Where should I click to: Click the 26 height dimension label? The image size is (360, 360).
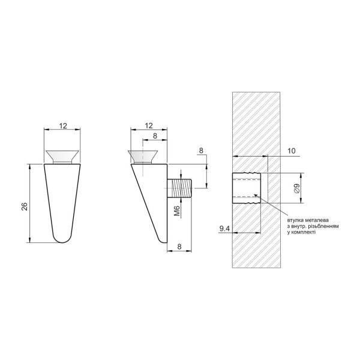tap(25, 206)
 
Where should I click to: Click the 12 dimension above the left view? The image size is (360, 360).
tap(63, 126)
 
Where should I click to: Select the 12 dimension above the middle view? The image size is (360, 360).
tap(149, 125)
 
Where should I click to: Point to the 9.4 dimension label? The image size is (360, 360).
tap(224, 229)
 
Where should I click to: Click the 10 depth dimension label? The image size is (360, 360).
tap(291, 151)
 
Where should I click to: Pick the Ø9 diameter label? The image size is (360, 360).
tap(296, 188)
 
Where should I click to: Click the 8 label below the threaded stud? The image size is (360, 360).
tap(179, 247)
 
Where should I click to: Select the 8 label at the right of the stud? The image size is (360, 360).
tap(201, 151)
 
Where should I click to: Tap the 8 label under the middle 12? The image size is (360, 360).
tap(155, 136)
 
